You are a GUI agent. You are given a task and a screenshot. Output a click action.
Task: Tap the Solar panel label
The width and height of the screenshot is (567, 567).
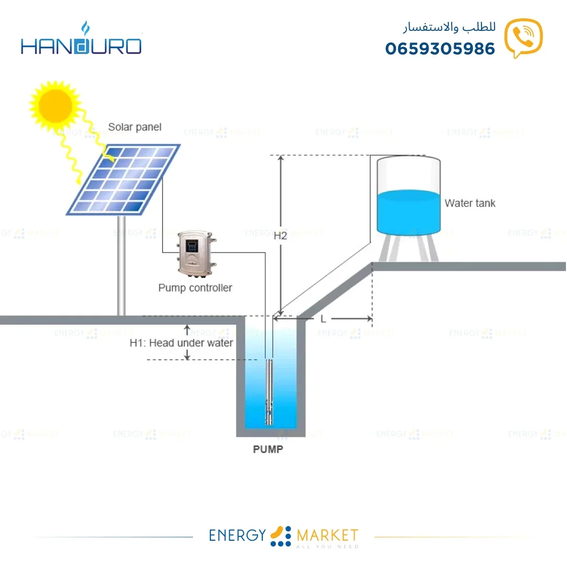tap(135, 127)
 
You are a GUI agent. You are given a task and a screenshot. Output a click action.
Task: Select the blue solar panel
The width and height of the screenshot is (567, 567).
tap(124, 179)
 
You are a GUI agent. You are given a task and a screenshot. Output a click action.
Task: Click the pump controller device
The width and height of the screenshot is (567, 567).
tap(196, 253)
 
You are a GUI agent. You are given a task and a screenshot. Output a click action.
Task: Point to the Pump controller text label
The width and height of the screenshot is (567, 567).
tap(195, 287)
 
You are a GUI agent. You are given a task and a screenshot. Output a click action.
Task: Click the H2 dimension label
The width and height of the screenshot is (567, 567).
tap(281, 236)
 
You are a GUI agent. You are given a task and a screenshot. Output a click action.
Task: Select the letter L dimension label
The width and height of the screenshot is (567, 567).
tap(323, 318)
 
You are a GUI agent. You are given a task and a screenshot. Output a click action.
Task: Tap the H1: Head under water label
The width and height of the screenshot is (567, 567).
tap(181, 343)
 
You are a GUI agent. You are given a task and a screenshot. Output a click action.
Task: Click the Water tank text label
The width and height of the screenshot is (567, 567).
tap(469, 203)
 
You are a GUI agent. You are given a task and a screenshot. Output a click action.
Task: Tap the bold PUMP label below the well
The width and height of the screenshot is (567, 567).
tap(268, 450)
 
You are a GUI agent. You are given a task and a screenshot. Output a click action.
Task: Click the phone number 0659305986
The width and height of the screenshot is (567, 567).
tap(440, 49)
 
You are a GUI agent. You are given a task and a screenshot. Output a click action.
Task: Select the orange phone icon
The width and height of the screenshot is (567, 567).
tap(523, 38)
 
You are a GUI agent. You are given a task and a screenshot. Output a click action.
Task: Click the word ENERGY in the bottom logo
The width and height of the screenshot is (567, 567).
tap(238, 535)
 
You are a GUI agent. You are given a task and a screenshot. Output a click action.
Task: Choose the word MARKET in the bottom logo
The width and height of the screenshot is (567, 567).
tap(327, 535)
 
